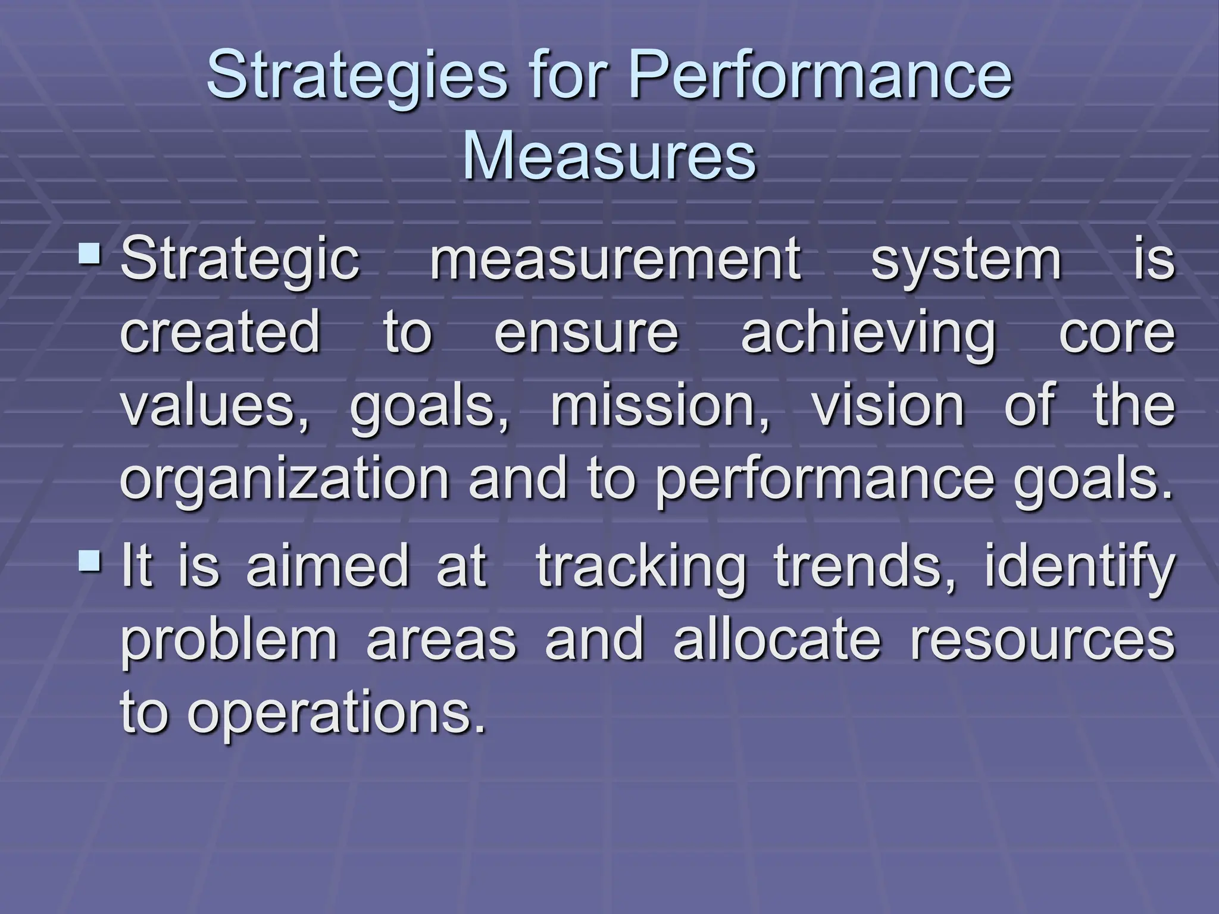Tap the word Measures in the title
[x=609, y=156]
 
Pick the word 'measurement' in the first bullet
[x=615, y=259]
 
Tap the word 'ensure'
[x=586, y=333]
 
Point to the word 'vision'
[x=887, y=406]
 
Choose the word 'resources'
[x=1042, y=641]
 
